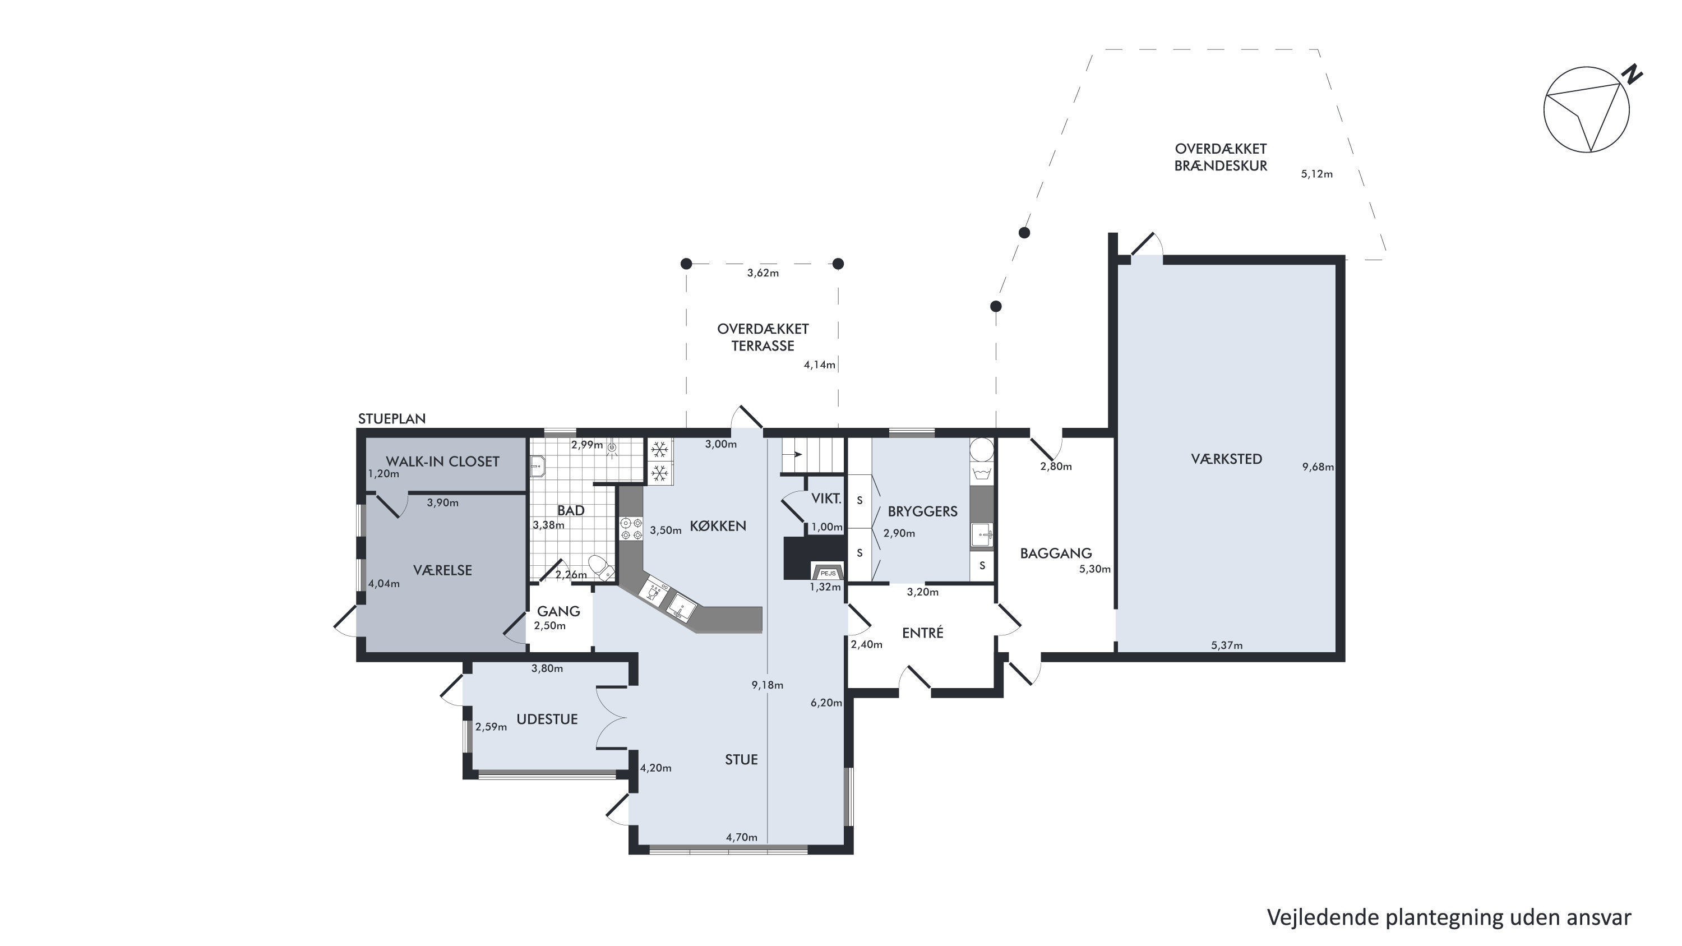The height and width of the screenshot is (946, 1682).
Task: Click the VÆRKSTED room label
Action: click(x=1226, y=459)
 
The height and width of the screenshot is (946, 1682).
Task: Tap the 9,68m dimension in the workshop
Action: click(x=1318, y=467)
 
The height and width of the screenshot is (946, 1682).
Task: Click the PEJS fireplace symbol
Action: click(x=828, y=572)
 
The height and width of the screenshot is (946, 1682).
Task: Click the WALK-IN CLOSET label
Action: click(x=443, y=462)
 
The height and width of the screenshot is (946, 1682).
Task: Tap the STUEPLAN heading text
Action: click(x=392, y=418)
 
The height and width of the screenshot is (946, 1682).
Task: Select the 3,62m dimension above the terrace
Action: click(x=763, y=273)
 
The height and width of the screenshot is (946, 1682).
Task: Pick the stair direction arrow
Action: click(x=793, y=454)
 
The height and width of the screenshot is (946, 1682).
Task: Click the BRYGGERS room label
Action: click(x=923, y=511)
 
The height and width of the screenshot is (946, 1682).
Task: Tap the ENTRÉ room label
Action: click(x=923, y=633)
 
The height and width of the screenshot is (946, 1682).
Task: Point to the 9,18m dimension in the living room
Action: click(x=767, y=685)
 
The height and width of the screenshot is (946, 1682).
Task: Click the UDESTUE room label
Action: click(x=547, y=719)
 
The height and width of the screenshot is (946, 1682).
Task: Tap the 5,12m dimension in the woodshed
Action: click(x=1317, y=174)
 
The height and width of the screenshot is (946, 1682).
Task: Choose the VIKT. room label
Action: click(x=826, y=499)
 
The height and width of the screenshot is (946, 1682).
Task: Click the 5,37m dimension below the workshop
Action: click(x=1227, y=645)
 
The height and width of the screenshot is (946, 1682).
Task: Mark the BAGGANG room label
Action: click(x=1056, y=553)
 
